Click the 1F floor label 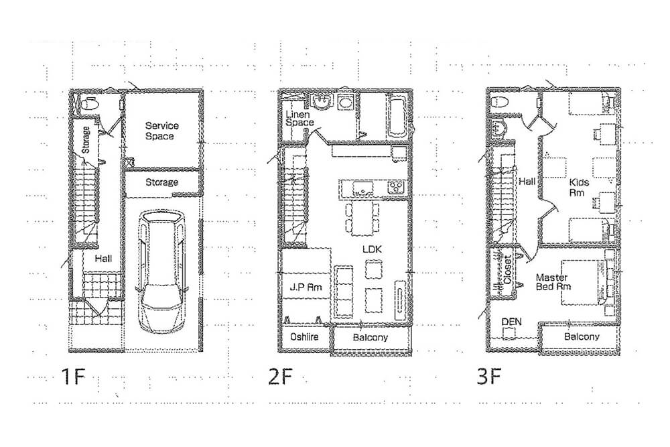tap(74, 377)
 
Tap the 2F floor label tap(281, 377)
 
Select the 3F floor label tap(489, 377)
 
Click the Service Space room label tap(161, 131)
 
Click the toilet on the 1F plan tap(89, 104)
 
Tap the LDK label tap(372, 249)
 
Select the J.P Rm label tap(306, 287)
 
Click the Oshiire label tap(304, 336)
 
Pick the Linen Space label tap(299, 119)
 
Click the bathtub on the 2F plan tap(396, 116)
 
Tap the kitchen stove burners tap(396, 187)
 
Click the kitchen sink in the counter tap(362, 188)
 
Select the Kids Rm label tap(579, 188)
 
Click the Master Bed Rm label tap(553, 282)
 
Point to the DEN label tap(511, 322)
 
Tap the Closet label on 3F tap(508, 269)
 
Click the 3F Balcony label tap(582, 336)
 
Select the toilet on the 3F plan tap(500, 103)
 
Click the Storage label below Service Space tap(161, 182)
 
